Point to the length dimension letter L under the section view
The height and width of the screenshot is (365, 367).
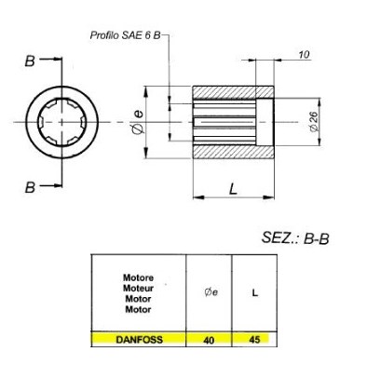tap(232, 188)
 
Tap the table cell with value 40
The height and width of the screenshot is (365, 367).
tap(210, 340)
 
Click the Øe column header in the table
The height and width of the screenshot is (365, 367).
tap(210, 291)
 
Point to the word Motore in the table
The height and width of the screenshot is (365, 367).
tap(138, 277)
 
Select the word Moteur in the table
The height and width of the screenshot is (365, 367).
tap(138, 287)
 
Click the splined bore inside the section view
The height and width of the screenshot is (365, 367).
tap(224, 122)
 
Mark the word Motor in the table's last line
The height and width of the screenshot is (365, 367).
tap(138, 307)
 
